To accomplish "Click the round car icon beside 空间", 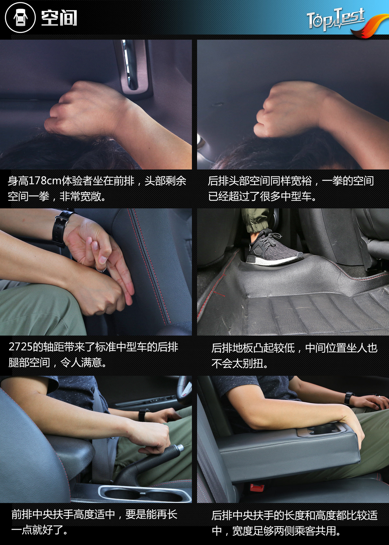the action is (20, 18).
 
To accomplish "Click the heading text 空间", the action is (59, 18).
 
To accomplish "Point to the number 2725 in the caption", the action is (20, 347).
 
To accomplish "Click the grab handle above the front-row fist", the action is (134, 67).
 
